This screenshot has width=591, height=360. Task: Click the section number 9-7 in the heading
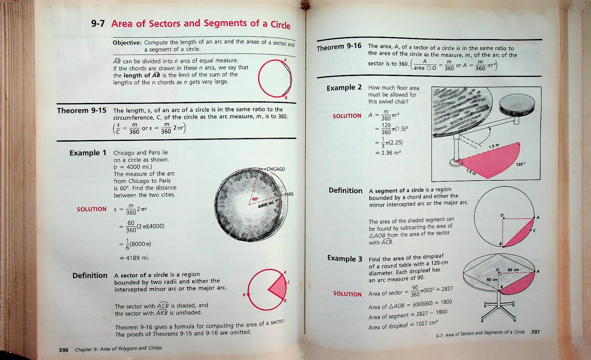pos(98,24)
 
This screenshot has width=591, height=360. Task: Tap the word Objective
pos(127,43)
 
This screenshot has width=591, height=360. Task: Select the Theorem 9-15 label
pos(81,111)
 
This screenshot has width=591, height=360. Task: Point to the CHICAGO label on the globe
pos(275,169)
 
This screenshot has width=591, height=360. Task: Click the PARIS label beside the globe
pos(289,194)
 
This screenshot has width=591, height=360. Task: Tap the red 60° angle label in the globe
pos(255,199)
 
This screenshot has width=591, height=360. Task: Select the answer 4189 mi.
pos(137,258)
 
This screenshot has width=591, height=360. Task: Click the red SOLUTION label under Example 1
pos(91,209)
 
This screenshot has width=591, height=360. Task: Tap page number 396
pos(64,350)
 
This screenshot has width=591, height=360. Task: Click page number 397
pos(535,332)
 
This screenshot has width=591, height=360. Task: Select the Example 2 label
pos(344,88)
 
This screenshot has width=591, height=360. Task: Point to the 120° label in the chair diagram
pos(520,165)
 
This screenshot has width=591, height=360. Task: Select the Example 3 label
pos(345,258)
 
